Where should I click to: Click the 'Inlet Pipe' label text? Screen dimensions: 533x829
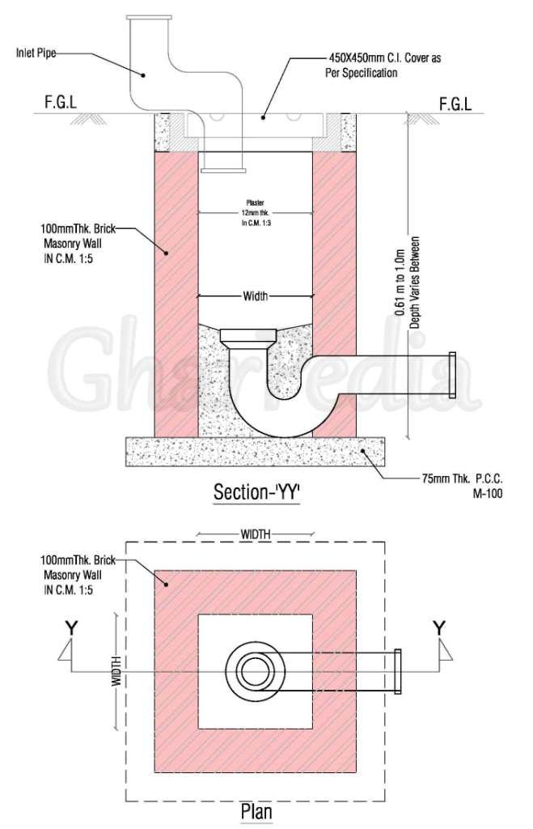pyautogui.click(x=36, y=53)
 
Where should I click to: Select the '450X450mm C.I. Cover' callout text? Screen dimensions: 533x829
pyautogui.click(x=385, y=57)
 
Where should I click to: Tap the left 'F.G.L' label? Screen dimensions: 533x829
pyautogui.click(x=61, y=103)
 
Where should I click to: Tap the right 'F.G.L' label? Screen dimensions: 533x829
pyautogui.click(x=455, y=104)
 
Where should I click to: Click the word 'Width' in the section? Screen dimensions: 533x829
pyautogui.click(x=256, y=296)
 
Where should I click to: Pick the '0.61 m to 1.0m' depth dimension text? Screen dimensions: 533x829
pyautogui.click(x=400, y=283)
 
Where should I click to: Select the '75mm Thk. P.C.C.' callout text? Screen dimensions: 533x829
pyautogui.click(x=462, y=479)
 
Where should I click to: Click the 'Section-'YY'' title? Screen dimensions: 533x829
pyautogui.click(x=256, y=492)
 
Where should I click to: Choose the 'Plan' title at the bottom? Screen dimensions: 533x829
pyautogui.click(x=256, y=811)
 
